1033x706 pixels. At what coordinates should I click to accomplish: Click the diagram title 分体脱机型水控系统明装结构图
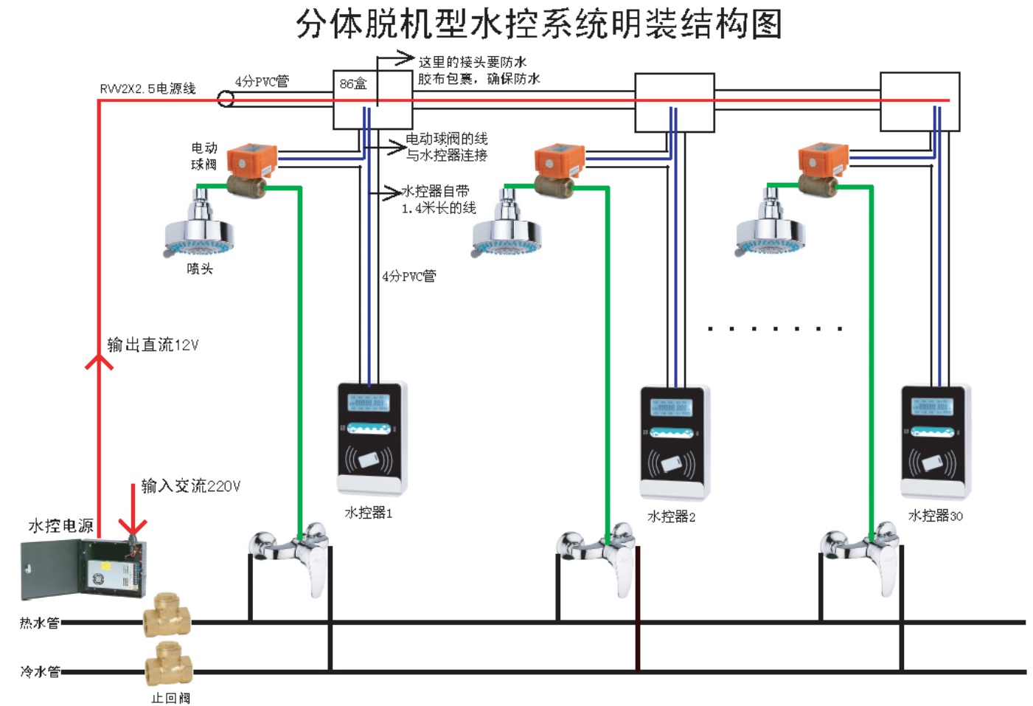point(538,24)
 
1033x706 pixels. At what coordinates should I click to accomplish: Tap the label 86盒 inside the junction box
point(353,83)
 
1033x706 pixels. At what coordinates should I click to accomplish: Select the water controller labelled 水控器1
point(372,438)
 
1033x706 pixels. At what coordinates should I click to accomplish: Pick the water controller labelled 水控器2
point(675,443)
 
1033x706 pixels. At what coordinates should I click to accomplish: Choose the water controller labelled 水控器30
point(935,441)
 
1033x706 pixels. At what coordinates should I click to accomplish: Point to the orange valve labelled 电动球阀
point(250,161)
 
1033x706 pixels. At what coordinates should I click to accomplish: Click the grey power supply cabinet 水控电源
point(83,568)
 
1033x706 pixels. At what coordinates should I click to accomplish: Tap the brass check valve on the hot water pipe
point(167,615)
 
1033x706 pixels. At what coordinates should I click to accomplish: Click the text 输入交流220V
point(191,485)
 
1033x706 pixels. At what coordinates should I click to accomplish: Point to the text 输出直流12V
point(153,345)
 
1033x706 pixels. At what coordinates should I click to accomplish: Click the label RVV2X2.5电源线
point(147,89)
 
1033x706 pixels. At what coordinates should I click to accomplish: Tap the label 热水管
point(39,623)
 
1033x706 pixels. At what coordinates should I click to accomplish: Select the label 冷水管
point(40,671)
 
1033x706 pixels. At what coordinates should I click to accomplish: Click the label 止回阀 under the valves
point(171,698)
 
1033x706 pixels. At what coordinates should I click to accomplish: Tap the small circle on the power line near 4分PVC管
point(226,98)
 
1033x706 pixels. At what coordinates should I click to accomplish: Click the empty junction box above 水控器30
point(919,101)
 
